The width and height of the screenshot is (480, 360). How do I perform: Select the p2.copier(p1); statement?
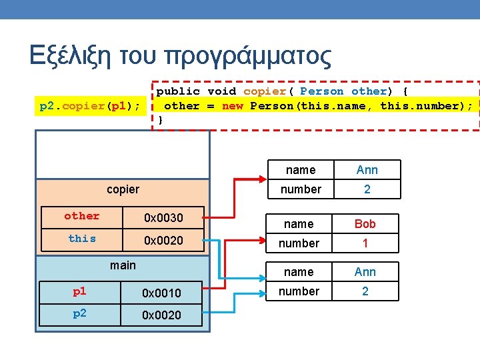[x=90, y=106]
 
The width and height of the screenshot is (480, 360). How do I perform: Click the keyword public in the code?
[x=178, y=91]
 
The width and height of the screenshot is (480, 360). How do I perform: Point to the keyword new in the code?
[x=233, y=106]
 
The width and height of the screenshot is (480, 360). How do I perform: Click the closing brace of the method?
[x=160, y=120]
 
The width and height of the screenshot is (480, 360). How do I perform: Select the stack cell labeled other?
[x=82, y=217]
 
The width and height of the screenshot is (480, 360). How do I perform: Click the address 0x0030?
[x=163, y=217]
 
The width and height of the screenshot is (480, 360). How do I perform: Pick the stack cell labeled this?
[x=82, y=239]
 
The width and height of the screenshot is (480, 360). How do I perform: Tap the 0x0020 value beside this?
[x=163, y=240]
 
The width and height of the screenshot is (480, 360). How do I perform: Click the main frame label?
[x=123, y=265]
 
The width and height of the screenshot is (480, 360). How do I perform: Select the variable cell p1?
[x=79, y=292]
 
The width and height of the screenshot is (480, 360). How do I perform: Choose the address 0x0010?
[x=162, y=293]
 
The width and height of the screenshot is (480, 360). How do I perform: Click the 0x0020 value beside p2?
[x=162, y=315]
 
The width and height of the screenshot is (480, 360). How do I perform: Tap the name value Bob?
[x=365, y=224]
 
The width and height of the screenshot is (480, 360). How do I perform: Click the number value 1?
[x=365, y=243]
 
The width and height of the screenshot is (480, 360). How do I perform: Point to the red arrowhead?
[x=262, y=179]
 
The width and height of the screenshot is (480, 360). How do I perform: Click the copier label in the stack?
[x=123, y=189]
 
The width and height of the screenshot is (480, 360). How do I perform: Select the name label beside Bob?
[x=299, y=224]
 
